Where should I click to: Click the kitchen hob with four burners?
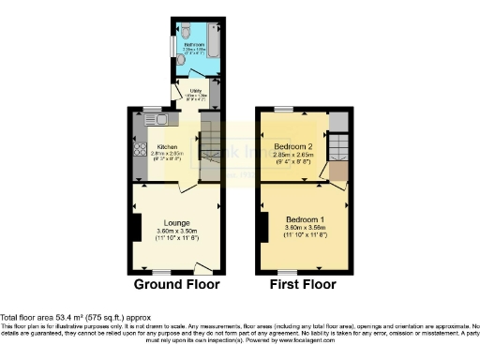140,148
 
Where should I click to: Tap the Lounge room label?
176,222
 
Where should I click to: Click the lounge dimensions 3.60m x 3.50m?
176,231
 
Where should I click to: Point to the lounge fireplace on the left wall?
136,227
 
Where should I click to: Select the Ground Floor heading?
176,284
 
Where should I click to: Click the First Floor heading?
305,284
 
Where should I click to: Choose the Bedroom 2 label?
294,148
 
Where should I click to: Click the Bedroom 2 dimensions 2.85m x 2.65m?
294,156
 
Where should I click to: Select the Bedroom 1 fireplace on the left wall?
263,227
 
